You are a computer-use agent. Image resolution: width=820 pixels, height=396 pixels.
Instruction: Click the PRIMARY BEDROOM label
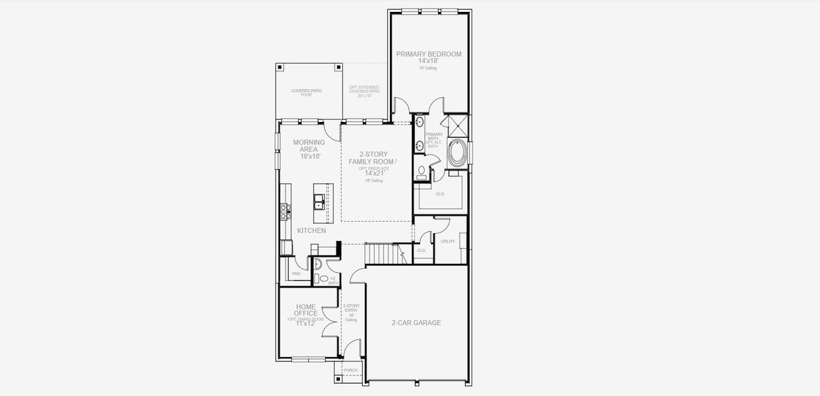pos(428,54)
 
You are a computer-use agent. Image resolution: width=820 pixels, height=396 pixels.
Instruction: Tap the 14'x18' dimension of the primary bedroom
pos(428,61)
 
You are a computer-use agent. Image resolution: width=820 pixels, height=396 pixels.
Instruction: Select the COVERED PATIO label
pos(307,90)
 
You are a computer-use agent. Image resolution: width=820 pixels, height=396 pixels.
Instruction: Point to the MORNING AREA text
pos(309,145)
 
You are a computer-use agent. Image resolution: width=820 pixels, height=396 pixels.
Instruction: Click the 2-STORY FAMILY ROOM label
pos(375,158)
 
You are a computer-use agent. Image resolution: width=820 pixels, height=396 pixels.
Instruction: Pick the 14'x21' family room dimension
pos(374,174)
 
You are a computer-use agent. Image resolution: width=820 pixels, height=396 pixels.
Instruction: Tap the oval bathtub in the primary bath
pos(457,153)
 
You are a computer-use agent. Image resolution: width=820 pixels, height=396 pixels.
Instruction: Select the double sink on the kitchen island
pos(319,201)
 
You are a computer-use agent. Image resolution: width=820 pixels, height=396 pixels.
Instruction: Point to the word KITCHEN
pos(311,231)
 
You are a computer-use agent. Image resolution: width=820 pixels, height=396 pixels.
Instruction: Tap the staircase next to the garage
pos(383,253)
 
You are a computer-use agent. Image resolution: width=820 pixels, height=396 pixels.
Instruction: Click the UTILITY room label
pos(448,242)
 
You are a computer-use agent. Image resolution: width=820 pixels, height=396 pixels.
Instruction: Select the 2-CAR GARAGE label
pos(416,323)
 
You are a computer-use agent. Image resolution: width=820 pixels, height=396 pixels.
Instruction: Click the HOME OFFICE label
pos(305,310)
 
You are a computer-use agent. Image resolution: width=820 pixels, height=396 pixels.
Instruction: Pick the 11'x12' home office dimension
pos(305,323)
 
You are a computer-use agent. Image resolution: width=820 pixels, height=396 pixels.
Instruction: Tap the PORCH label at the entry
pos(350,370)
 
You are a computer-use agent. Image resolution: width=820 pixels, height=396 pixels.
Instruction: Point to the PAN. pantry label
pos(296,273)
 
